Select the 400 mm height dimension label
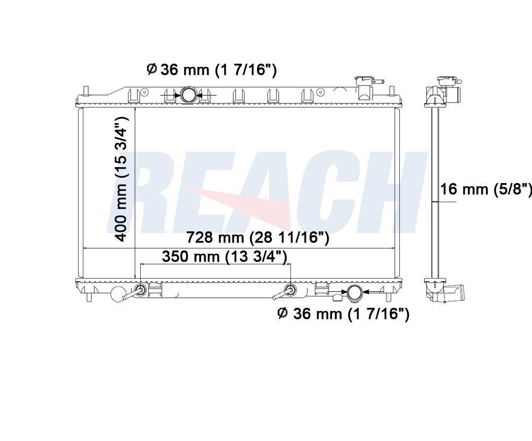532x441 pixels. pyautogui.click(x=121, y=179)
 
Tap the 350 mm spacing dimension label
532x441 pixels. pyautogui.click(x=225, y=256)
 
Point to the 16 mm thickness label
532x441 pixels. pyautogui.click(x=486, y=188)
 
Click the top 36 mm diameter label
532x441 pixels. pyautogui.click(x=212, y=70)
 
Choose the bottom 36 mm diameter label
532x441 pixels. pyautogui.click(x=344, y=314)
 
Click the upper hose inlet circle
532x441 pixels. pyautogui.click(x=188, y=94)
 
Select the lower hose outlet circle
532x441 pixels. pyautogui.click(x=355, y=293)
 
